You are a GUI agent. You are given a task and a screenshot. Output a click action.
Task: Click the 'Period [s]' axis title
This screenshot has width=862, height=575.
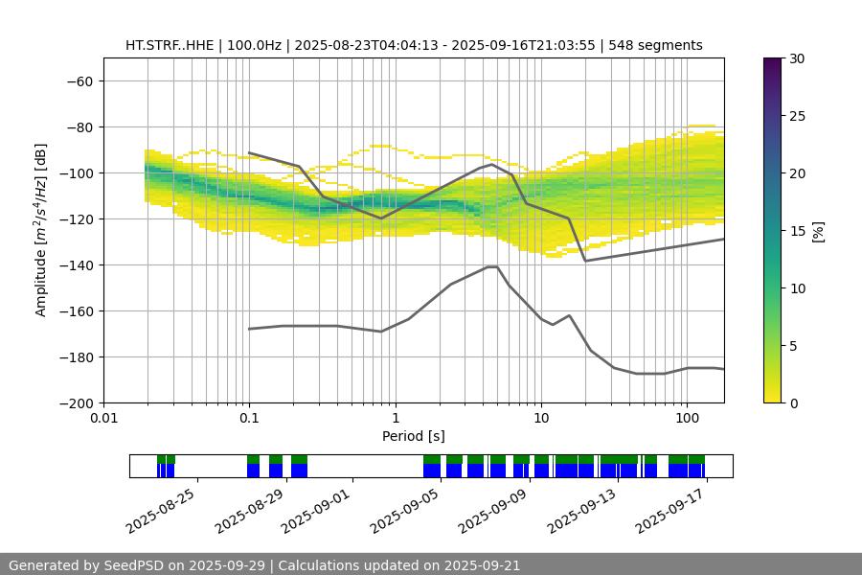pyautogui.click(x=414, y=436)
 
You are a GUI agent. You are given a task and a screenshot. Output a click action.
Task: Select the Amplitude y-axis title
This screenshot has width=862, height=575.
pyautogui.click(x=41, y=230)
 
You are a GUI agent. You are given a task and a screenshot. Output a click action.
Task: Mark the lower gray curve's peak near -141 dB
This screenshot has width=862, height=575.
pyautogui.click(x=491, y=266)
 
